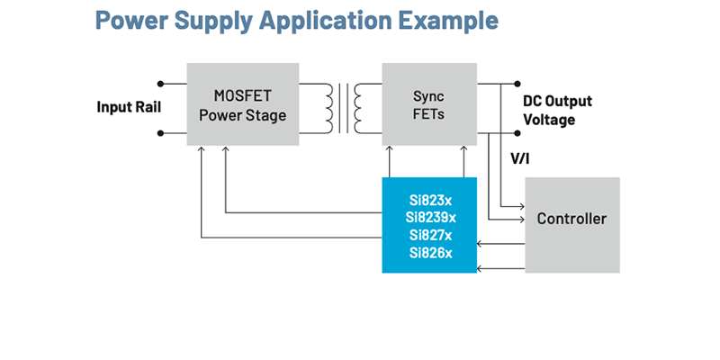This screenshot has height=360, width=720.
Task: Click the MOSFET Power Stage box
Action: point(242,104)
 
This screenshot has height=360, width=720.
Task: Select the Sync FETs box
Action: point(428,104)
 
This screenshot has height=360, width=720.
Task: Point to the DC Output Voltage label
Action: point(557,110)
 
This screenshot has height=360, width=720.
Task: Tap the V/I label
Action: point(521,158)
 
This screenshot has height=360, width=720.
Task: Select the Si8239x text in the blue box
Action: point(429,217)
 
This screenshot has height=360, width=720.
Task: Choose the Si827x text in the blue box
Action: point(429,235)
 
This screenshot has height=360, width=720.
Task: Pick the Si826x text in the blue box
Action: point(429,253)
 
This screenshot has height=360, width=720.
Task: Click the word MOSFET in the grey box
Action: point(242,95)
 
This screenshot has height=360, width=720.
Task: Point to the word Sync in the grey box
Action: point(428,95)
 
